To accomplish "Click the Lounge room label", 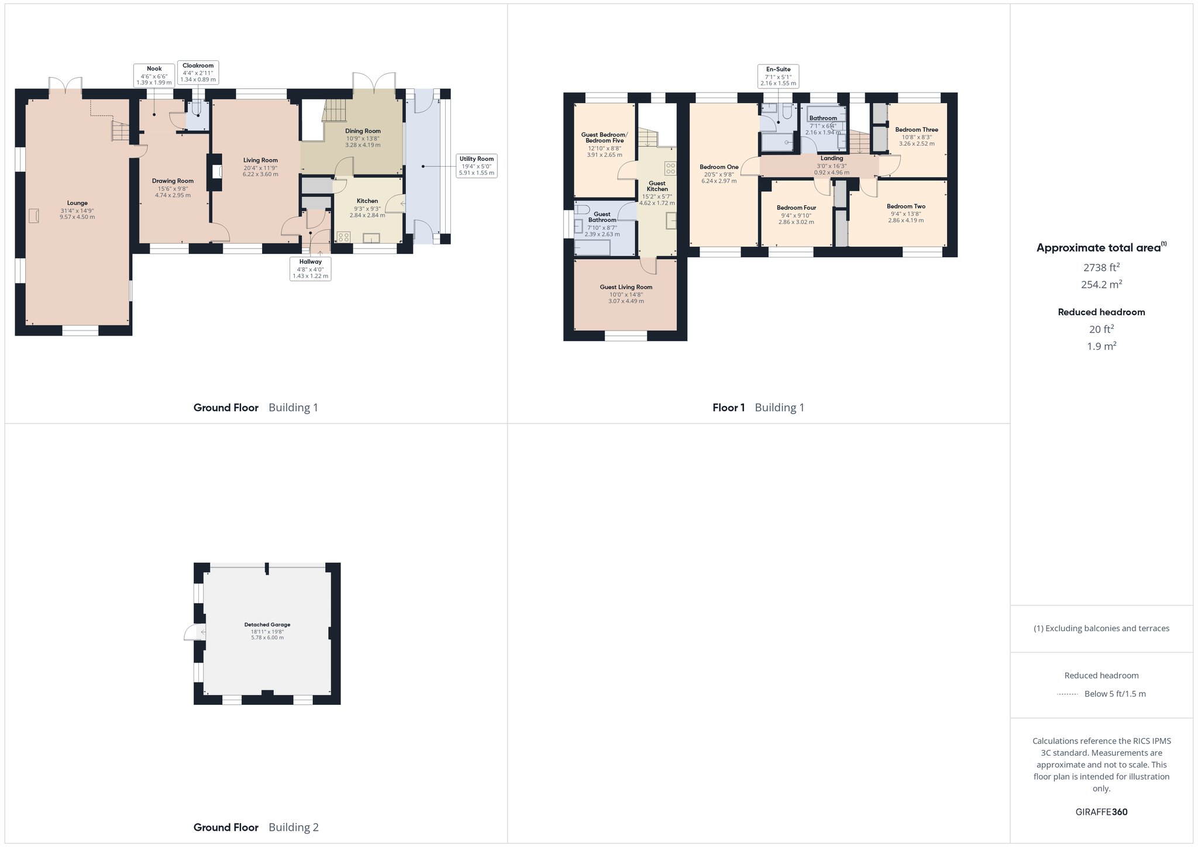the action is tap(77, 203).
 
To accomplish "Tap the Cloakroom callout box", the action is tap(198, 73).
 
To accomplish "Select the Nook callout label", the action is tap(154, 68).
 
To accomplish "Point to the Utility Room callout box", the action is tap(477, 166).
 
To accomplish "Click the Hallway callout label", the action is tap(311, 262).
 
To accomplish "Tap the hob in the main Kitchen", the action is tap(343, 237).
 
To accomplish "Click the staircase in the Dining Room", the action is tap(335, 111).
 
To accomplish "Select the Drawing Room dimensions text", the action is tap(173, 192).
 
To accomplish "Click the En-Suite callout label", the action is tap(778, 69).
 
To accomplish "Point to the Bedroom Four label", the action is tap(796, 208).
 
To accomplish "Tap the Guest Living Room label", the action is tap(626, 287).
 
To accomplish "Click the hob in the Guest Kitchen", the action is tap(670, 168).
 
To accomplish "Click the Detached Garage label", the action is tap(267, 625).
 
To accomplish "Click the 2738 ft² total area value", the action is tap(1101, 267).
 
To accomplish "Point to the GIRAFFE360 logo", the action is tap(1101, 812).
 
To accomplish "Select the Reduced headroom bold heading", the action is tap(1101, 312).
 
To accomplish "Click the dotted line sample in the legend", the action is tap(1068, 694).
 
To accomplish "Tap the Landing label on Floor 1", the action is tap(832, 158).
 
